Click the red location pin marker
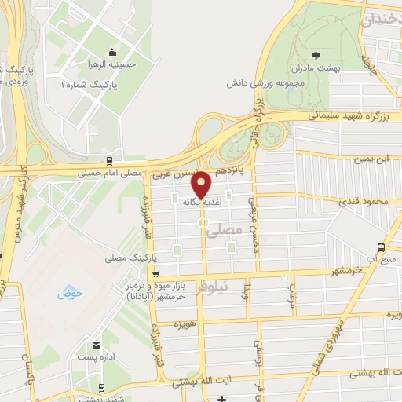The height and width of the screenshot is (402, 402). [x=202, y=185]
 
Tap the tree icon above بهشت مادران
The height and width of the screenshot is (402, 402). [x=316, y=55]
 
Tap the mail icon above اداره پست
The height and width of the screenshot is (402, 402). [x=96, y=345]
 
